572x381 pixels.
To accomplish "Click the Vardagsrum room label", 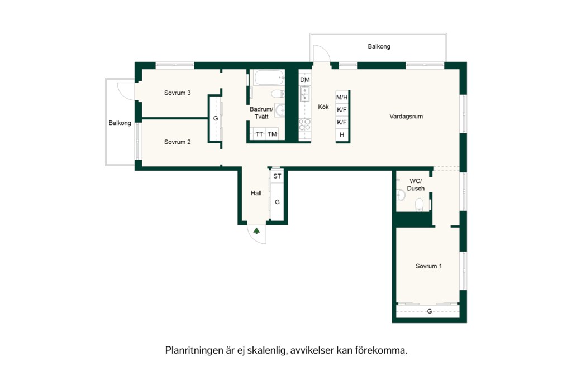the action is click(406, 117).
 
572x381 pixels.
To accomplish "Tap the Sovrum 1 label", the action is click(428, 266).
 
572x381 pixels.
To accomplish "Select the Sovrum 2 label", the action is click(177, 142).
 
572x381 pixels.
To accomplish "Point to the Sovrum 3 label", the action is click(177, 93).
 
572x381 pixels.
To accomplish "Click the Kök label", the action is click(323, 107).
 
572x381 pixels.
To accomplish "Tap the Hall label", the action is click(256, 193).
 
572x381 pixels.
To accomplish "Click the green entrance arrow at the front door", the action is click(257, 230).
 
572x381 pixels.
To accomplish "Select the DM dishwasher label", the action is click(305, 80).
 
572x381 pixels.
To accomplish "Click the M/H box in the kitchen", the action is click(342, 97).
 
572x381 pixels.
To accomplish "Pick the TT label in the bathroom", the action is click(259, 134).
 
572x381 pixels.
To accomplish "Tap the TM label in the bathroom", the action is click(272, 134).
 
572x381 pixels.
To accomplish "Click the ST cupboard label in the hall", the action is click(277, 176).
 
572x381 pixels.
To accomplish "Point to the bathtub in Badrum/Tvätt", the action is click(269, 78).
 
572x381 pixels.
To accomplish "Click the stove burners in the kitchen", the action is click(304, 124).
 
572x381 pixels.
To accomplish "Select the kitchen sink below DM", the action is click(304, 94).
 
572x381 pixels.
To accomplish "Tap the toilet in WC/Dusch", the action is click(419, 204).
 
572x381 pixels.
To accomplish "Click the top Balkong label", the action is click(379, 47).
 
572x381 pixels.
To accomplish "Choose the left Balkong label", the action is click(120, 123).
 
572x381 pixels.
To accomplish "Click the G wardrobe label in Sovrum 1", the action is click(430, 311).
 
